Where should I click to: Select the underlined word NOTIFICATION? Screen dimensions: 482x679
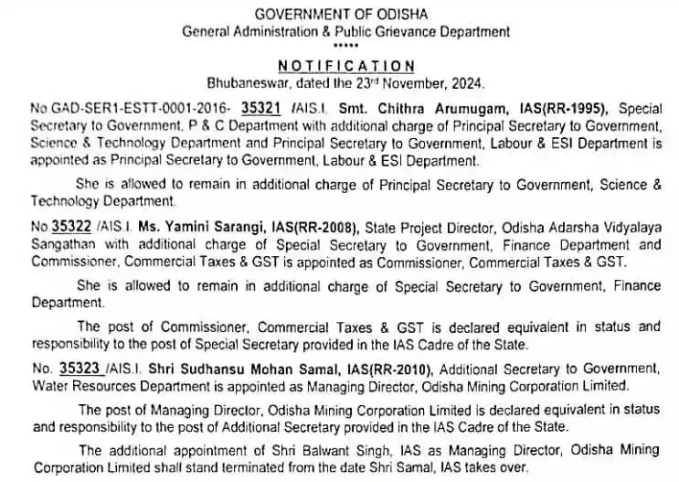tap(346, 66)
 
